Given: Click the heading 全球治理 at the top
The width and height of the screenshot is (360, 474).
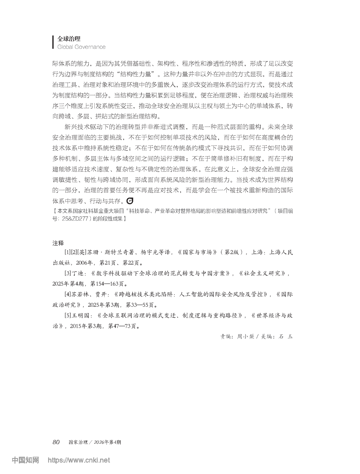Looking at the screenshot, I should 69,39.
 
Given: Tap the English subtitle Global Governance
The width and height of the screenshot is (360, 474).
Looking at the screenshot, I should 81,47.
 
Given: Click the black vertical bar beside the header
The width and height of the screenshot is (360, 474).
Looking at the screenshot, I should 53,42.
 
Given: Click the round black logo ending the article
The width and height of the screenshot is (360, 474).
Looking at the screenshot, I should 130,201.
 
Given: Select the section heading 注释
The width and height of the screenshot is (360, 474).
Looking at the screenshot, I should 58,242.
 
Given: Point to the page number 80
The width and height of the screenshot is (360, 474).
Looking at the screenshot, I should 56,442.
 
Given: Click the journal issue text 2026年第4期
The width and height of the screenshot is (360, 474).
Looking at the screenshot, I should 107,442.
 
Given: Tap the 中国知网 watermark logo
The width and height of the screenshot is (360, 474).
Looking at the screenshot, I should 25,460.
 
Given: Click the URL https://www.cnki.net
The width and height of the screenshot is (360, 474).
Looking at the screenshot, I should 79,461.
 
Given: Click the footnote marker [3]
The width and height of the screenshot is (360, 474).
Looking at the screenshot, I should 68,273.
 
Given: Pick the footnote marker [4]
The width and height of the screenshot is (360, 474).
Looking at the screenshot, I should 68,294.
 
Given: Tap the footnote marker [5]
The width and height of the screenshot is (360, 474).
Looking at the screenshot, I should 68,315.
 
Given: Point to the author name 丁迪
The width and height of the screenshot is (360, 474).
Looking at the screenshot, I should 78,273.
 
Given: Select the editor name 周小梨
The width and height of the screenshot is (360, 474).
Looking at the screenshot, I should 245,336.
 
